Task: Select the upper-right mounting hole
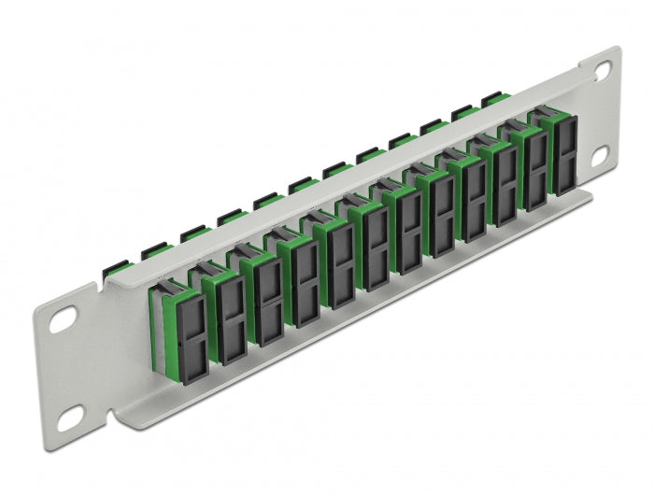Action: pyautogui.click(x=603, y=69)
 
